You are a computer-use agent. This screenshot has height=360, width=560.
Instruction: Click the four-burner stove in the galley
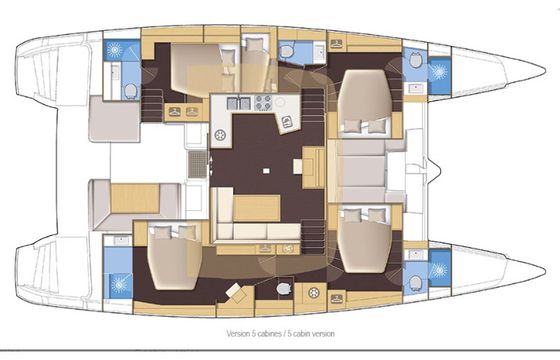[263, 102]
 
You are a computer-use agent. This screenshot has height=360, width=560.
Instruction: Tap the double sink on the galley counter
[238, 103]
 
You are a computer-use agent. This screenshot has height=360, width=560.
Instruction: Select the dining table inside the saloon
[256, 208]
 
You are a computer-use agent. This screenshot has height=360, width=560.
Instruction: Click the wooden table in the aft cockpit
[135, 199]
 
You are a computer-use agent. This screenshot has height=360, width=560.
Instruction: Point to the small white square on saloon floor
[266, 171]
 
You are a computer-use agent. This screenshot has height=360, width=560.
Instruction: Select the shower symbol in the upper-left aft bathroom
[115, 50]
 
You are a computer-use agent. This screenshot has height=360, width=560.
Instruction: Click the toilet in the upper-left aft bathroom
[130, 91]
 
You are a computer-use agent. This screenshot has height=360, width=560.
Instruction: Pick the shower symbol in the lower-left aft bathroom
[119, 285]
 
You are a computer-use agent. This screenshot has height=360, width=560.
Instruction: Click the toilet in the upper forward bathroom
[415, 60]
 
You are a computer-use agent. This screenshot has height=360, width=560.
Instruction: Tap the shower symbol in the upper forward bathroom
[439, 72]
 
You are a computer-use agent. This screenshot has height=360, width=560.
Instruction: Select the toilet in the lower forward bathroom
[415, 283]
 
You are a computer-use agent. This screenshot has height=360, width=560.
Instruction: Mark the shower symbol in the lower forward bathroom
[439, 270]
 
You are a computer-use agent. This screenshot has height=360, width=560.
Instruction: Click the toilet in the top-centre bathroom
[286, 52]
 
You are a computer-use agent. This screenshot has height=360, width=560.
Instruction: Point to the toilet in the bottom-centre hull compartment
[284, 288]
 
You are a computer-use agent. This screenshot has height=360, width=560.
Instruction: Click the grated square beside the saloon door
[198, 164]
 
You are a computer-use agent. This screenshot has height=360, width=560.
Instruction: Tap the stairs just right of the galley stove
[313, 107]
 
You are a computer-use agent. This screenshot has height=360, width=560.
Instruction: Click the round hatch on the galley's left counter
[220, 135]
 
